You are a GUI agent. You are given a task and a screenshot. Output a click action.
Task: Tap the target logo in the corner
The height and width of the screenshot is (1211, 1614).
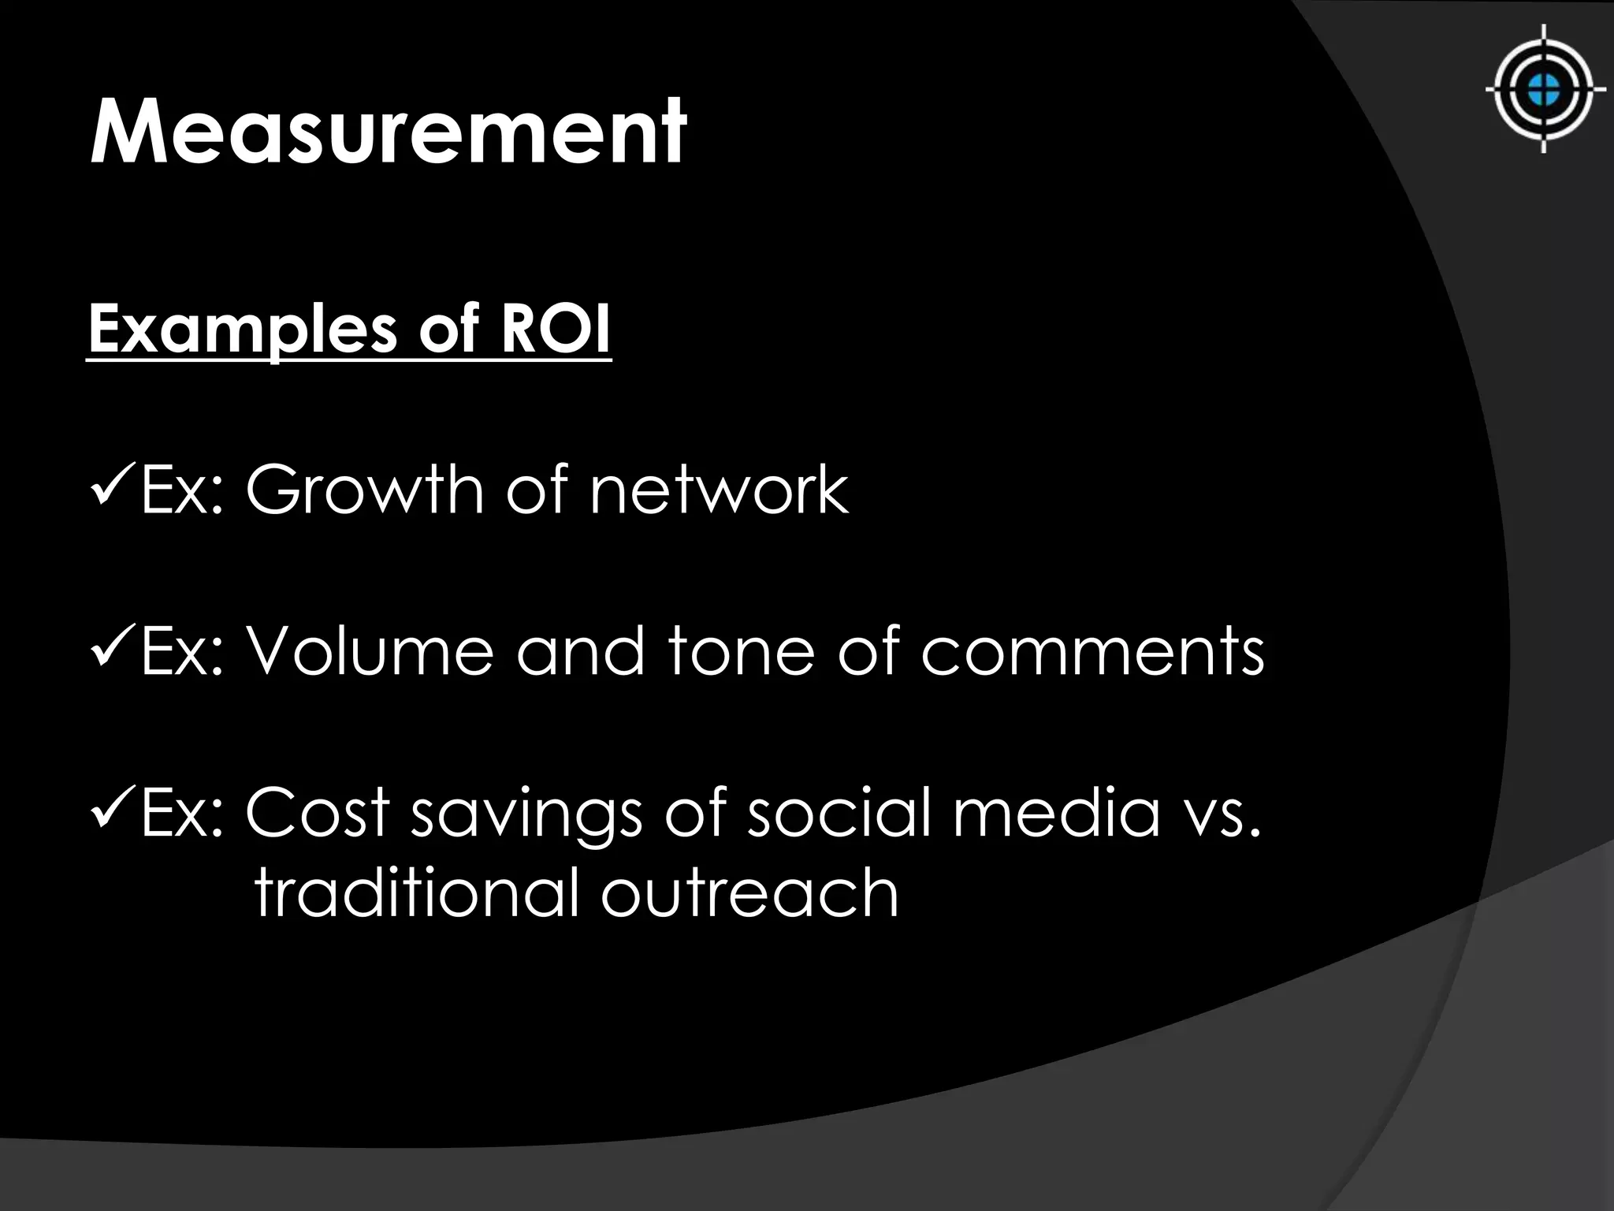point(1544,89)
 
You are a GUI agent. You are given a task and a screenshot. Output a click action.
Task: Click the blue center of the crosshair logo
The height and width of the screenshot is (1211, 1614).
point(1544,89)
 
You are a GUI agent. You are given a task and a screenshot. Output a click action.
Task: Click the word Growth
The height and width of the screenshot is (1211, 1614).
point(363,490)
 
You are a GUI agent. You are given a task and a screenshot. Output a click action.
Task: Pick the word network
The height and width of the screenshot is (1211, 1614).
point(719,490)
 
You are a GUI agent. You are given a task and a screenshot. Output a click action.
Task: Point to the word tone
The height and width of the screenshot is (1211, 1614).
point(741,652)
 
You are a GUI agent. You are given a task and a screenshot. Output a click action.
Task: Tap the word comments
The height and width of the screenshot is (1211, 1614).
point(1092,652)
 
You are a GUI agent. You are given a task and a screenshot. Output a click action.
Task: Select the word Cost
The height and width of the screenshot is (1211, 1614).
point(318,813)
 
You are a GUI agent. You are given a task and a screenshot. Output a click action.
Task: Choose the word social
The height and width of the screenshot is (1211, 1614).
point(841,813)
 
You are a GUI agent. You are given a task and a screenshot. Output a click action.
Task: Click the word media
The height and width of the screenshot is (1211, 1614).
point(1057,813)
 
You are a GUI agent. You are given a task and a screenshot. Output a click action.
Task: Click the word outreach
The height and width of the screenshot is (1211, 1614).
point(750,893)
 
